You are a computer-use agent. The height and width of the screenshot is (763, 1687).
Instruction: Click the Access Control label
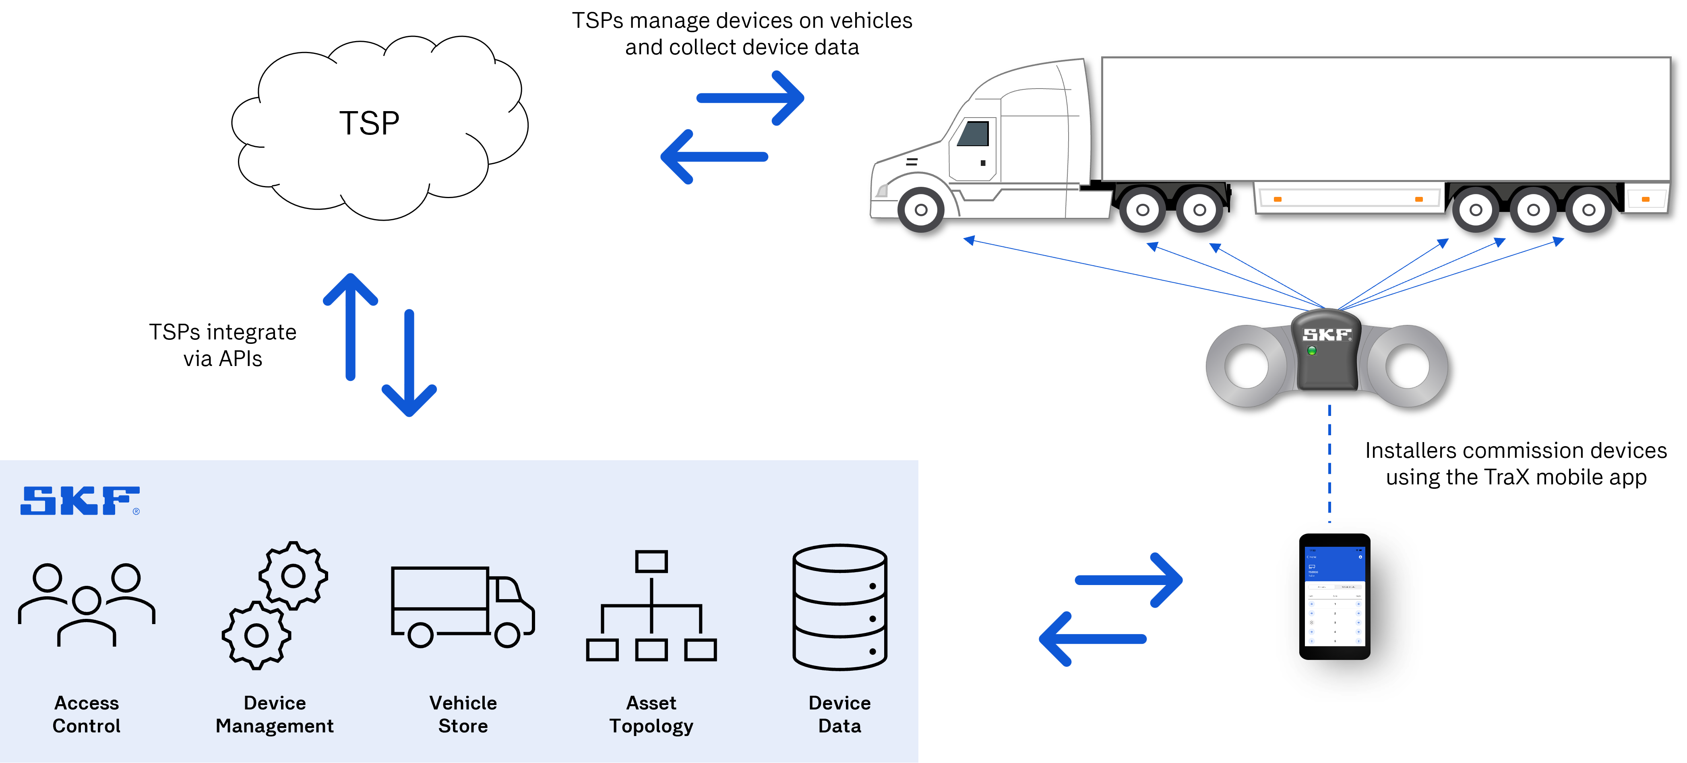pyautogui.click(x=87, y=714)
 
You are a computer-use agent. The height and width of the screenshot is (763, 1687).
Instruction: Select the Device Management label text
pyautogui.click(x=275, y=714)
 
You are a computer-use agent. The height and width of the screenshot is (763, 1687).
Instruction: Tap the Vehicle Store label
pyautogui.click(x=463, y=714)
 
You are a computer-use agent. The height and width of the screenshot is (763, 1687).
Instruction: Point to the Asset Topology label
pyautogui.click(x=651, y=714)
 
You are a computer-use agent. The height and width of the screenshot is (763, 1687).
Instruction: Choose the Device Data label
pyautogui.click(x=839, y=714)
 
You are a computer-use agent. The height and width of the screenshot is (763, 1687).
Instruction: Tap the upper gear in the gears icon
pyautogui.click(x=293, y=576)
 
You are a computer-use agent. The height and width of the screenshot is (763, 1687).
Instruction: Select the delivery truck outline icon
pyautogui.click(x=462, y=606)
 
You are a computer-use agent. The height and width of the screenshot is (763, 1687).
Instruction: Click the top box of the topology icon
pyautogui.click(x=651, y=561)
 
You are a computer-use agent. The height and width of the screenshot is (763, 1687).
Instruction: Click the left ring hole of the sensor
pyautogui.click(x=1246, y=366)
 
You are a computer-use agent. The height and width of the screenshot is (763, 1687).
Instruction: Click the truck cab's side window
pyautogui.click(x=974, y=134)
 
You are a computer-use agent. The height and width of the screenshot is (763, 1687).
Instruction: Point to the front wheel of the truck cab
pyautogui.click(x=921, y=210)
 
